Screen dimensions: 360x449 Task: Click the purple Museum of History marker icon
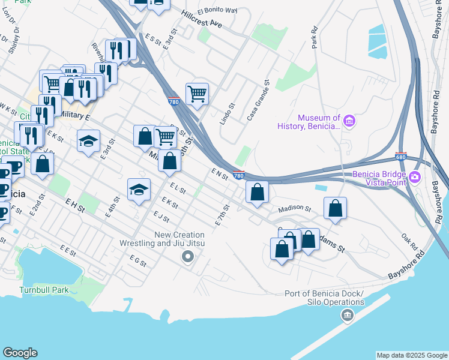(349, 122)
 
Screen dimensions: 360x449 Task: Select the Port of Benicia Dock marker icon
(347, 314)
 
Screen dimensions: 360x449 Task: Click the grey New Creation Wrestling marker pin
(188, 257)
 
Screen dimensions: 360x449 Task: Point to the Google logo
(20, 353)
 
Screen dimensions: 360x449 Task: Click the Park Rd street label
(314, 38)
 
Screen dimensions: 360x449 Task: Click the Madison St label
(294, 209)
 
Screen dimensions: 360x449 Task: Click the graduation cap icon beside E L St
(139, 190)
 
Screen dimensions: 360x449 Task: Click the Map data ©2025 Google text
(411, 355)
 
